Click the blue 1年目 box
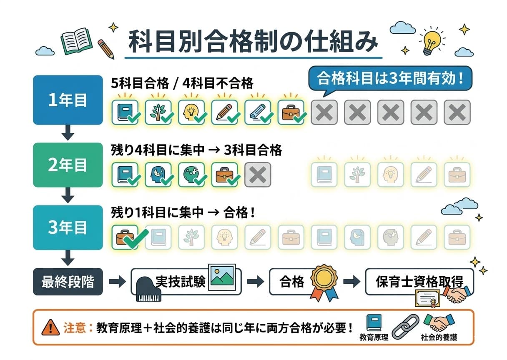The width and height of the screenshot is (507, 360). click(68, 100)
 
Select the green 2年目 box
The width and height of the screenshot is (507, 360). click(68, 165)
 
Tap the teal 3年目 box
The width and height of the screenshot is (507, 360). click(68, 227)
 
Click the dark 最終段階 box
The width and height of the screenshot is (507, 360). click(68, 282)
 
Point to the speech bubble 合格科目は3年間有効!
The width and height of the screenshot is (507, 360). click(390, 78)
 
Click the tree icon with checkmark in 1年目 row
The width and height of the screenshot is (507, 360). click(158, 112)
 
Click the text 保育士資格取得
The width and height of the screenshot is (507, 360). click(419, 280)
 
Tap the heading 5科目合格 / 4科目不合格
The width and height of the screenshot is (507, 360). click(182, 83)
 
